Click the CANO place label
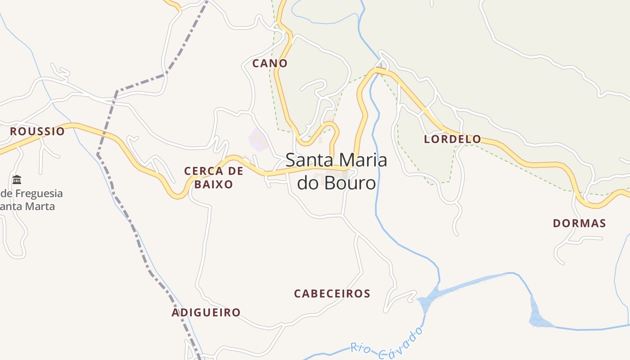tap(270, 63)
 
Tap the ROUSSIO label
tap(37, 131)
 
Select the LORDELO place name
tap(452, 139)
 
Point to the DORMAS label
tap(579, 223)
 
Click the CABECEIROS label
tap(332, 294)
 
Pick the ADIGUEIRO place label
tap(206, 312)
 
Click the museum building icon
tap(17, 180)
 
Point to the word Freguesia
tap(38, 193)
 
